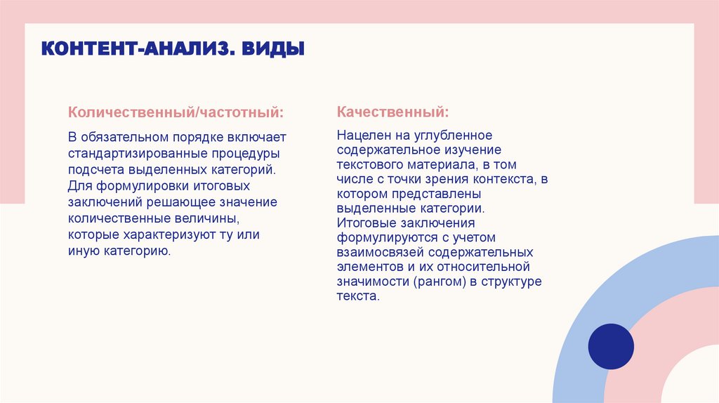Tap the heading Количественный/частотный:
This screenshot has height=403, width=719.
pos(176,112)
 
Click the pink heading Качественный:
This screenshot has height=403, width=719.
pos(393,112)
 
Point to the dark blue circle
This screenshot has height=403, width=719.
pos(610,346)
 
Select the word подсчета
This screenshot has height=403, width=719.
pos(95,169)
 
